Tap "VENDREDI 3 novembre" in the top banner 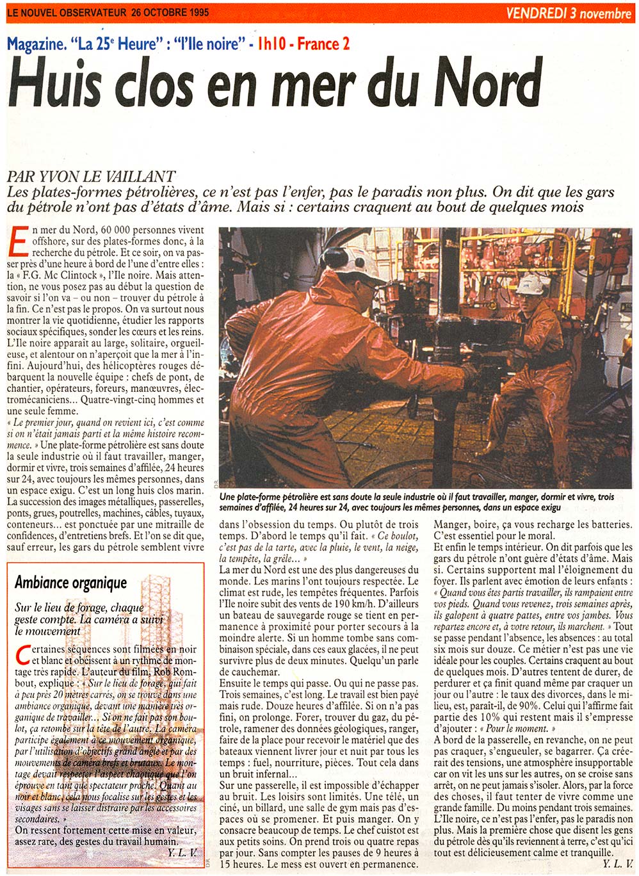[569, 13]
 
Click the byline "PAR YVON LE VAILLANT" [91, 177]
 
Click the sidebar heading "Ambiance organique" [70, 582]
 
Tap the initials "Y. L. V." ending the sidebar [181, 852]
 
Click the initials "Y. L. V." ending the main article [615, 864]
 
